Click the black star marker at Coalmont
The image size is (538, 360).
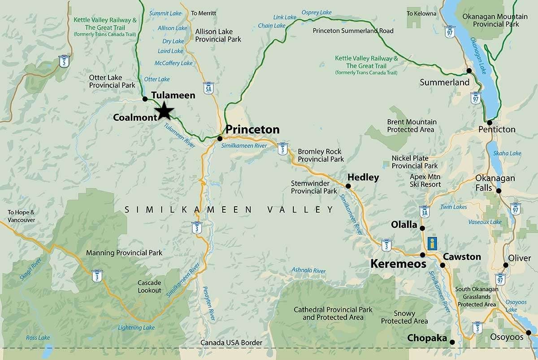(x=165, y=111)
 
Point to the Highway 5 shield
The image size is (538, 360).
(x=65, y=61)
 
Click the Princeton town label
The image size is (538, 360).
(x=252, y=130)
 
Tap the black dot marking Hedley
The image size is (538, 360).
(x=348, y=186)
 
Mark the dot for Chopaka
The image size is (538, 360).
(x=452, y=343)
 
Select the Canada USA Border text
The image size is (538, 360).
(x=231, y=343)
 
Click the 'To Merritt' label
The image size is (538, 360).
(x=203, y=13)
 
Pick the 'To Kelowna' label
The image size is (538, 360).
(x=421, y=13)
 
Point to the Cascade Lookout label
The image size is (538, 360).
(x=149, y=286)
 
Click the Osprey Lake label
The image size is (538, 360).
(x=317, y=12)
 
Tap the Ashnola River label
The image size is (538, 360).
(x=308, y=270)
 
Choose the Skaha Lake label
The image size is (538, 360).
(x=508, y=153)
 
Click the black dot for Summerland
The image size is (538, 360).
(x=469, y=71)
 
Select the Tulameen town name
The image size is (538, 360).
(x=173, y=95)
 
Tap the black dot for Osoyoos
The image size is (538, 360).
(x=529, y=333)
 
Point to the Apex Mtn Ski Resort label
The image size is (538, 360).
(x=425, y=180)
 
